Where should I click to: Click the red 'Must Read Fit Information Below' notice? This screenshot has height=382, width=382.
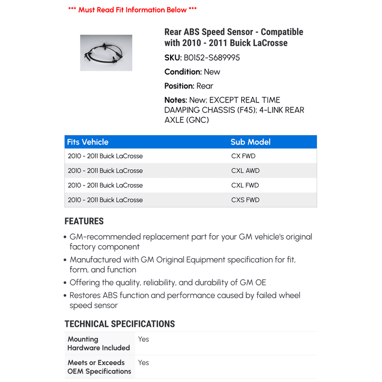coord(132,10)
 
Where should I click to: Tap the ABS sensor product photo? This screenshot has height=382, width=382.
coord(106,53)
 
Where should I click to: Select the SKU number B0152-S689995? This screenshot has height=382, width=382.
coord(212,58)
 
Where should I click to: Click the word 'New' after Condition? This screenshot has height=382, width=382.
coord(212,72)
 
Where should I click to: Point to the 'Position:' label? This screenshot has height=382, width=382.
coord(180,86)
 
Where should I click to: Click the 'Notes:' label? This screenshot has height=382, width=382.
coord(176,100)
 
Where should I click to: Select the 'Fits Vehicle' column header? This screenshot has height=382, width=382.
coord(88,142)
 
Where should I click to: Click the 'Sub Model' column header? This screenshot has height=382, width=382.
coord(251,142)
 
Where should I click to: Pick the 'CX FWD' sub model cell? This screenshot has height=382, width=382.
coord(243,156)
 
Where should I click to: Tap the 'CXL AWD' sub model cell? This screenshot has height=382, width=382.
coord(245,171)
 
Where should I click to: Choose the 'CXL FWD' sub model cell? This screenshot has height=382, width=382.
coord(245,186)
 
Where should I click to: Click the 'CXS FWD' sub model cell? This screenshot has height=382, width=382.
coord(245,200)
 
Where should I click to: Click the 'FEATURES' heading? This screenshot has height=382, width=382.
coord(84,222)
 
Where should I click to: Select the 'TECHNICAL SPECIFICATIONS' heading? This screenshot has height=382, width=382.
coord(120,324)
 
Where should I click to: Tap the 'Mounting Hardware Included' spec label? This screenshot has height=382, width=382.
coord(98,344)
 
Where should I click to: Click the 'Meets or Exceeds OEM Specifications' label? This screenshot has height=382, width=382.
coord(99,367)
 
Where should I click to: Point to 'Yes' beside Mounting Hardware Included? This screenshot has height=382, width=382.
coord(144,339)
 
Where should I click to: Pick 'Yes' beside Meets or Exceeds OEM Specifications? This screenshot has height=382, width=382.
coord(144,363)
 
